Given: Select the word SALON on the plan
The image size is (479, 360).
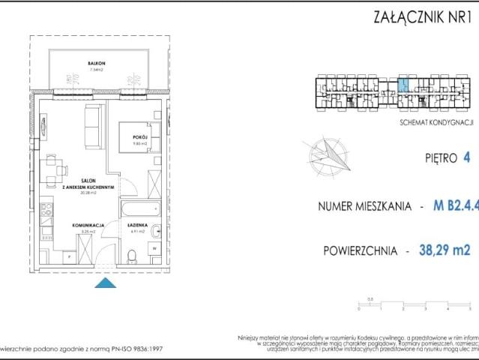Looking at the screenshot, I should click(88, 181).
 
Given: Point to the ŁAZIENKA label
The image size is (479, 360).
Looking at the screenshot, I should click(136, 225).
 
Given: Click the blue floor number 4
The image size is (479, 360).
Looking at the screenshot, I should click(466, 157).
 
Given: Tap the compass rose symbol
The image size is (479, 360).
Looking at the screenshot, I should click(326, 156).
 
